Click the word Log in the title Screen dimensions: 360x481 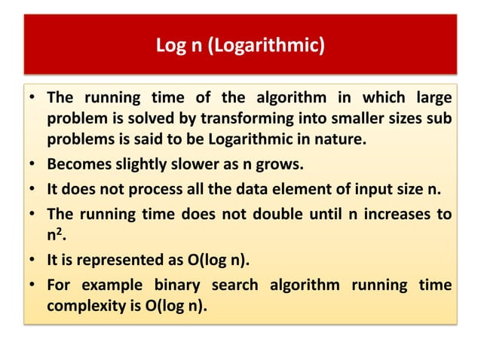click(x=170, y=47)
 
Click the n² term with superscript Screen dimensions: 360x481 click(x=54, y=233)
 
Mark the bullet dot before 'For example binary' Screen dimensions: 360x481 click(x=33, y=288)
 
